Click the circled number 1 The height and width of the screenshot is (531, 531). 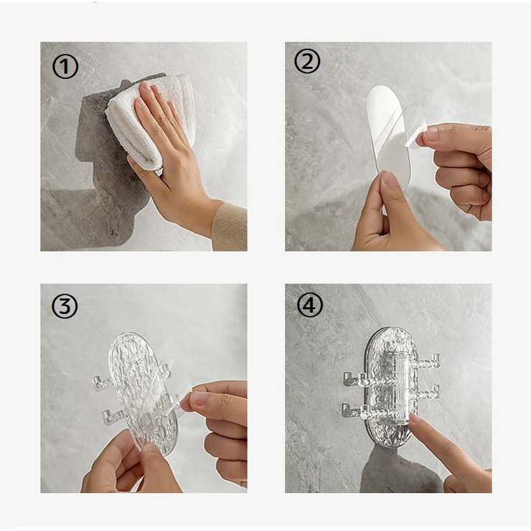[65, 67]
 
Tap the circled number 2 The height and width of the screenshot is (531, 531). [307, 61]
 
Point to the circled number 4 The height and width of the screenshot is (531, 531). [309, 304]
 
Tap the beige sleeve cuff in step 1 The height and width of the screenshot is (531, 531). [230, 226]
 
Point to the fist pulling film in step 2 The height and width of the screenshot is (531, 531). [457, 169]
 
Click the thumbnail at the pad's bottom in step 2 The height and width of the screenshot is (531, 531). [390, 179]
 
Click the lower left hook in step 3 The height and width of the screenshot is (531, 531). [113, 416]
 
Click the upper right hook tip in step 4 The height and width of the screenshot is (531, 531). [436, 358]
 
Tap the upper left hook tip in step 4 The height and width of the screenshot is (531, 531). [347, 377]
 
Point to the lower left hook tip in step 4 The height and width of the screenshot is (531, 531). [346, 408]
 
